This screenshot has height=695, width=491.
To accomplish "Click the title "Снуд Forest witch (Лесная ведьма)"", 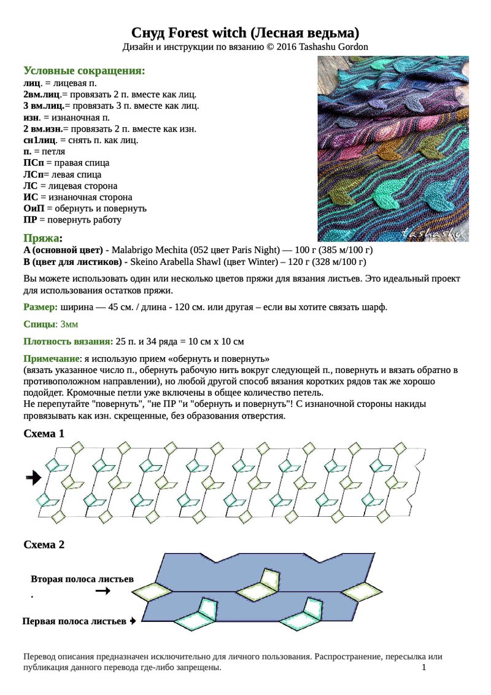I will coord(245,33).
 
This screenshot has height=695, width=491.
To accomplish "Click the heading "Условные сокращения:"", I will coord(84,71).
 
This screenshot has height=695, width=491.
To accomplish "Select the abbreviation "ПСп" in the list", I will coord(33,163).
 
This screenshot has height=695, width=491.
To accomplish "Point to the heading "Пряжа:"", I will coord(42,238).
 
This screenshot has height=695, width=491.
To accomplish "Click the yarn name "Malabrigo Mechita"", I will coord(149,250).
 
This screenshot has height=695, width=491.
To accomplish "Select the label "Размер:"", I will coord(41,307).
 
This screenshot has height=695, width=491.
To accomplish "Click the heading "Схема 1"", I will coord(44,433).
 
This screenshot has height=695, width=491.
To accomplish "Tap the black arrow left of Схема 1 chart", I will coord(34,476).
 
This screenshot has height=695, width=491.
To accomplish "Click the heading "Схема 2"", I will coord(44,544).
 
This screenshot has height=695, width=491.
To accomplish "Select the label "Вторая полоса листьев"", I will coord(82,579).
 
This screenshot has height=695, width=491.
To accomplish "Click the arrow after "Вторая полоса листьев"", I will coord(103,591).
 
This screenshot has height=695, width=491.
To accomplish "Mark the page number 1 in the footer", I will coord(424,667).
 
